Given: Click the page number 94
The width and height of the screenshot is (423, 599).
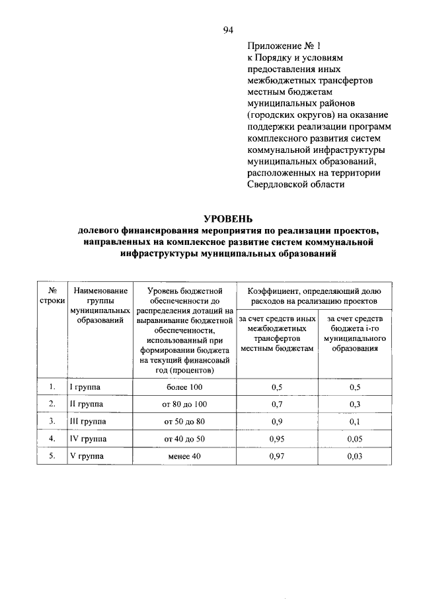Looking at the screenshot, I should (x=228, y=29).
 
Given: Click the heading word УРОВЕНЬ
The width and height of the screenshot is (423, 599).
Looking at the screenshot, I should (x=228, y=219).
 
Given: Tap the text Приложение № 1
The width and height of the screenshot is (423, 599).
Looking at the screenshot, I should (x=284, y=46).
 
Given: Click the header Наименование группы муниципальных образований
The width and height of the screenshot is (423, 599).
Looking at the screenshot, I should (x=100, y=305).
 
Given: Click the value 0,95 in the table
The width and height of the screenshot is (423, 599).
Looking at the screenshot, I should (x=277, y=438).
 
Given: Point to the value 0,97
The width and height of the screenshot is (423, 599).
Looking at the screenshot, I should (x=277, y=455).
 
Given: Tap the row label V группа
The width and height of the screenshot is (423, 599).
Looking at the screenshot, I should (x=86, y=455).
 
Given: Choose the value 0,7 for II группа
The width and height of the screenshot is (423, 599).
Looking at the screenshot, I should (x=277, y=404).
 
